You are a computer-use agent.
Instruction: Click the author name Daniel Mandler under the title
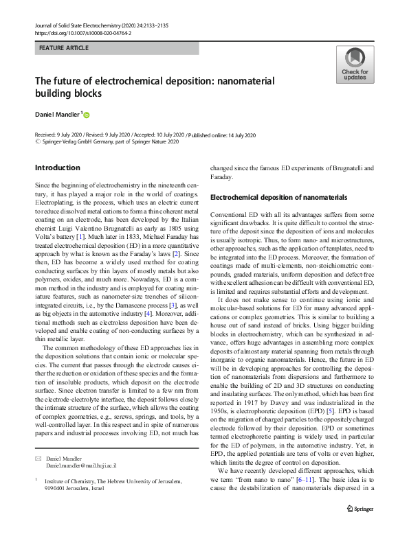point(58,114)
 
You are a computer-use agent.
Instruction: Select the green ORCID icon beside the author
point(87,115)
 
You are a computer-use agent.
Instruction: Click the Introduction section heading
point(57,167)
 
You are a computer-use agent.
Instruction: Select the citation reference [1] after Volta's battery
point(83,236)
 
